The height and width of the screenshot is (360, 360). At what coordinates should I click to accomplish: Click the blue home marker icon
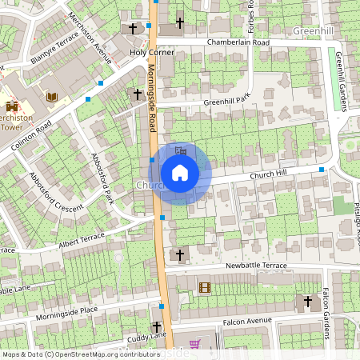coord(180,173)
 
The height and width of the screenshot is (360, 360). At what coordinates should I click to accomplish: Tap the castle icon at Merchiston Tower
coord(11,107)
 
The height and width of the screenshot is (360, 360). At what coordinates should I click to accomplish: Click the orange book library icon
coord(52,97)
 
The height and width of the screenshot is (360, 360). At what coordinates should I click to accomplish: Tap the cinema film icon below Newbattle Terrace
coord(204,287)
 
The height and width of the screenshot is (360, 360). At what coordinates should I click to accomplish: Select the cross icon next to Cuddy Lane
coord(156,327)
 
